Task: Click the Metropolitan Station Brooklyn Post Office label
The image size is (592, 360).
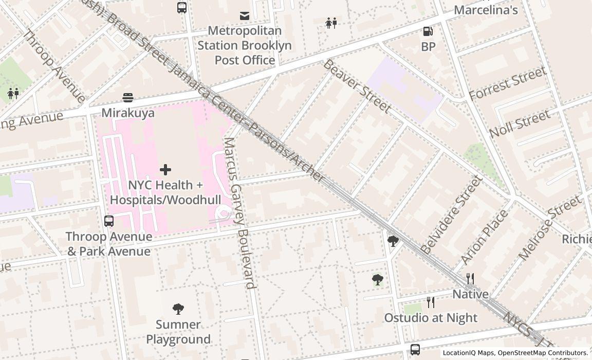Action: (x=245, y=45)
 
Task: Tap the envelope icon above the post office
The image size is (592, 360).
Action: (x=245, y=16)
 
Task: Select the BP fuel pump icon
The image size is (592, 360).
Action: (x=428, y=31)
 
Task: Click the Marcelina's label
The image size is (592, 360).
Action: (x=486, y=10)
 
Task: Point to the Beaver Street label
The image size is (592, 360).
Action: (x=357, y=86)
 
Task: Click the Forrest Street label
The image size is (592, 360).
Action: (x=507, y=84)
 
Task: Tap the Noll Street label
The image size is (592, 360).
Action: (x=520, y=124)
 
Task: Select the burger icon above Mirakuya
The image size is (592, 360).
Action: (x=128, y=97)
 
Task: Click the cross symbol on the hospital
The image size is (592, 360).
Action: (x=165, y=169)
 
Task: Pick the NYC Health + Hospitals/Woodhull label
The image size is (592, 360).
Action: (x=165, y=192)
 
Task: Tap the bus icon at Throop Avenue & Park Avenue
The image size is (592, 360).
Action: (x=109, y=221)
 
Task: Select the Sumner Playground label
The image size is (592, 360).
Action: (x=178, y=332)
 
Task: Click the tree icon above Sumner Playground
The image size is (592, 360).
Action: (x=178, y=309)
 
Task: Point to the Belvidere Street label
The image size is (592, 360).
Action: (x=452, y=215)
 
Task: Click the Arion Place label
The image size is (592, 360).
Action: (x=485, y=237)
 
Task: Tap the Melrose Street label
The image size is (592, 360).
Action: (x=549, y=228)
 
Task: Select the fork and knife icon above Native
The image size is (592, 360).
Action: (x=470, y=279)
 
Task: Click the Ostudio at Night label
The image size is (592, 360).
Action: (x=431, y=318)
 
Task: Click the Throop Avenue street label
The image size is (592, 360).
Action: (x=54, y=66)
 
